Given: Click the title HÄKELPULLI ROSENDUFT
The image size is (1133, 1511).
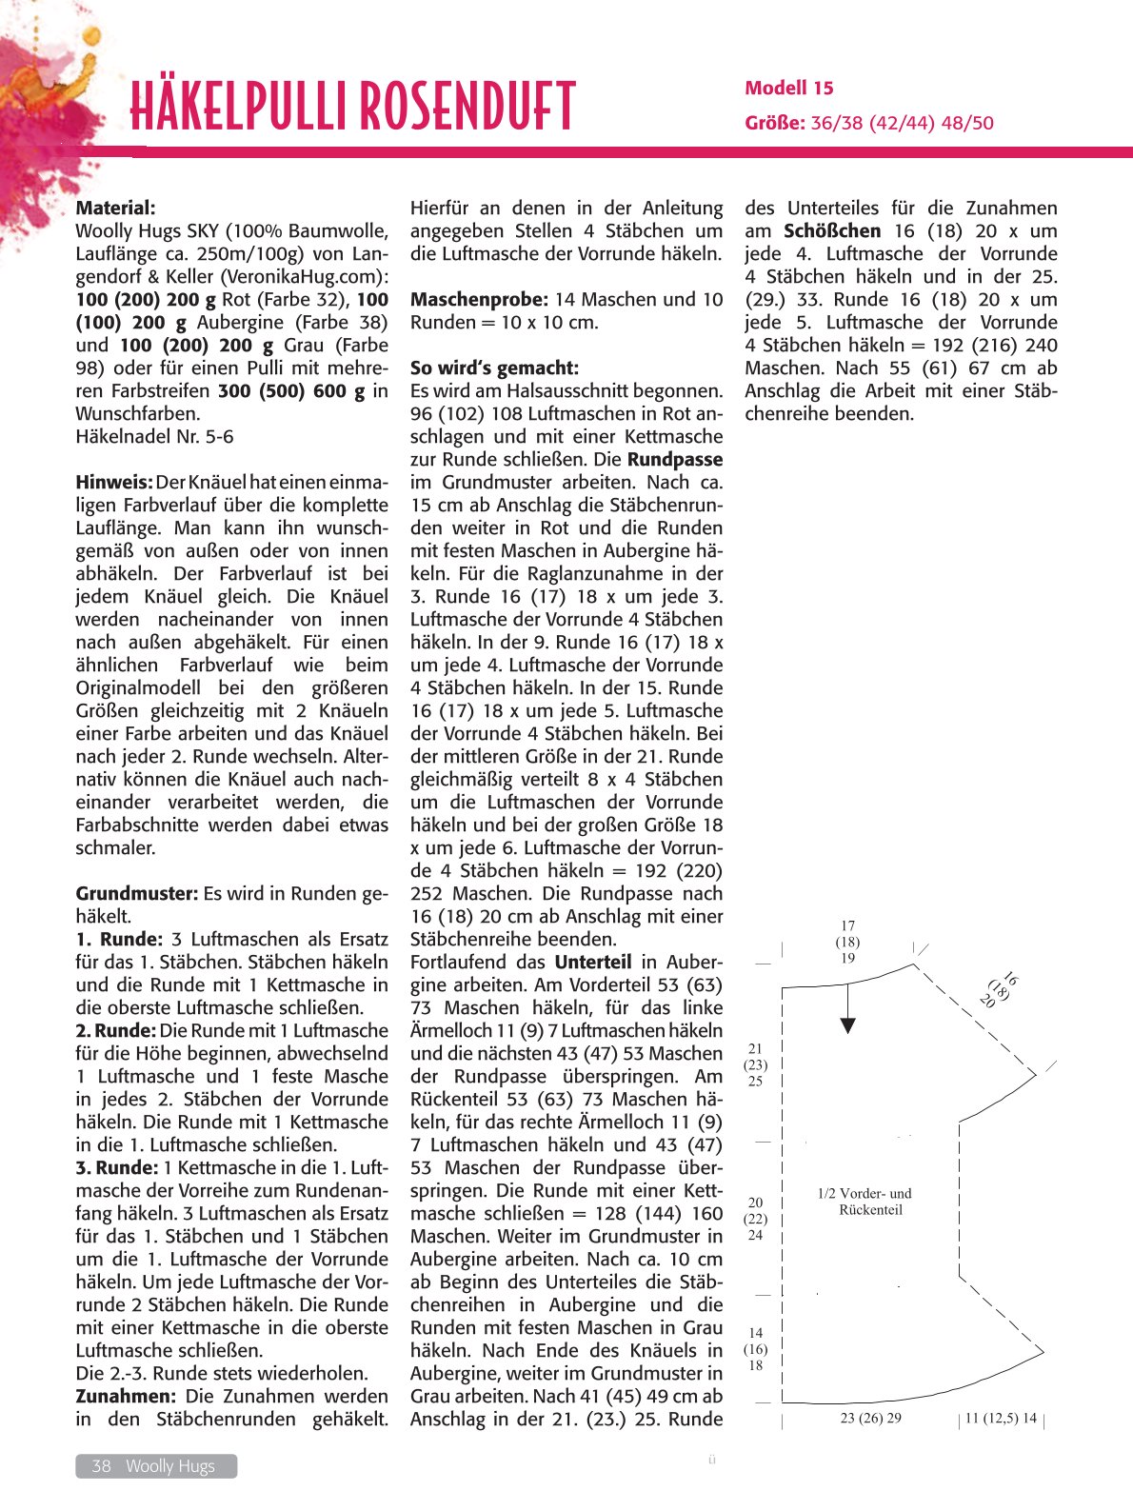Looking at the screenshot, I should coord(352,106).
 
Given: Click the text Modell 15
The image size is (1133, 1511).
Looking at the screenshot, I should coord(788,89).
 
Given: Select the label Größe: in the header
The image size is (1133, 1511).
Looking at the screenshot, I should coord(775,123).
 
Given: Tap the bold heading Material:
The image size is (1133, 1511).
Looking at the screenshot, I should coord(115,208).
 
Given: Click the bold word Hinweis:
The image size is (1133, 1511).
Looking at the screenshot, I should coord(114,482).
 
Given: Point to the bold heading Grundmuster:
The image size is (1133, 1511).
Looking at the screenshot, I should coord(136,893).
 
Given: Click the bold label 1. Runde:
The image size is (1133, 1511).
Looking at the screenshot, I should coord(119,939).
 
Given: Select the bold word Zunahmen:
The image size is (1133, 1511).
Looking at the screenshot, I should coord(126,1396).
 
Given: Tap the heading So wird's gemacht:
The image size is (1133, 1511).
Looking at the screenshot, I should coord(494,368).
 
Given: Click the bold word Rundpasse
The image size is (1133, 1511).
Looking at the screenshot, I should coord(675,459).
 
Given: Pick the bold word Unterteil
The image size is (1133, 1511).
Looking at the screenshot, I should coord(592,962).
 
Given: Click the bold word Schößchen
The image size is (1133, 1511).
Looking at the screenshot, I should coord(832,230).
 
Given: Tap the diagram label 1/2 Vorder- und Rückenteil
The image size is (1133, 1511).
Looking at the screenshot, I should coord(865,1202).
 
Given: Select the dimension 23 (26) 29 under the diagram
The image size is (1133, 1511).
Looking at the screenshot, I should coord(870,1418).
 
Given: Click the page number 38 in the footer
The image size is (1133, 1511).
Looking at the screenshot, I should coord(101,1466).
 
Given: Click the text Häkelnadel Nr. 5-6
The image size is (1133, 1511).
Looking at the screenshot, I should coord(154,436).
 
